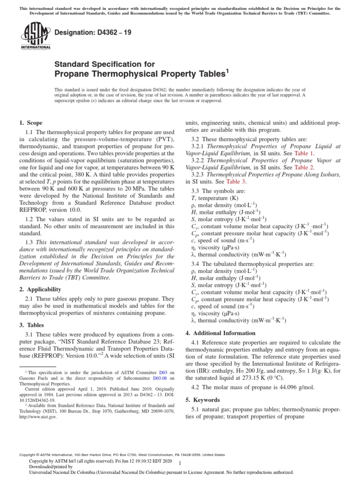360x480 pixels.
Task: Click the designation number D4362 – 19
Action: (85, 33)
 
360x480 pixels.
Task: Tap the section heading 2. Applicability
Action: (40, 289)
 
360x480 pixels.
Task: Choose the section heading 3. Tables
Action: (32, 325)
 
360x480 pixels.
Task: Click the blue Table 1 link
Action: (304, 153)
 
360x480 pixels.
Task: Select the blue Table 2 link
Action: (304, 167)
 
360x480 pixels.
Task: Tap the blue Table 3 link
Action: (236, 181)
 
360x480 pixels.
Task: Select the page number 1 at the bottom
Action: (180, 462)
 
